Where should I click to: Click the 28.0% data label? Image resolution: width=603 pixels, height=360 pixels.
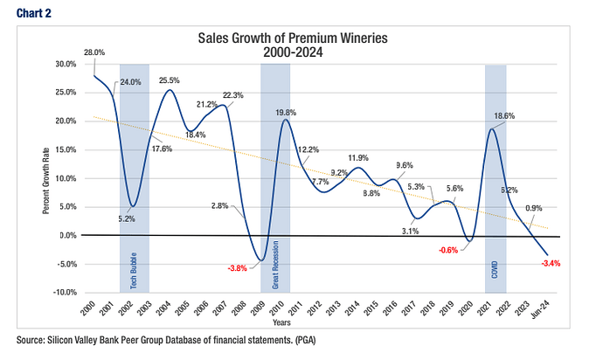click(x=94, y=52)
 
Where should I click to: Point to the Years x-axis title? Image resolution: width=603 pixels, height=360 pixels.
click(x=324, y=322)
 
